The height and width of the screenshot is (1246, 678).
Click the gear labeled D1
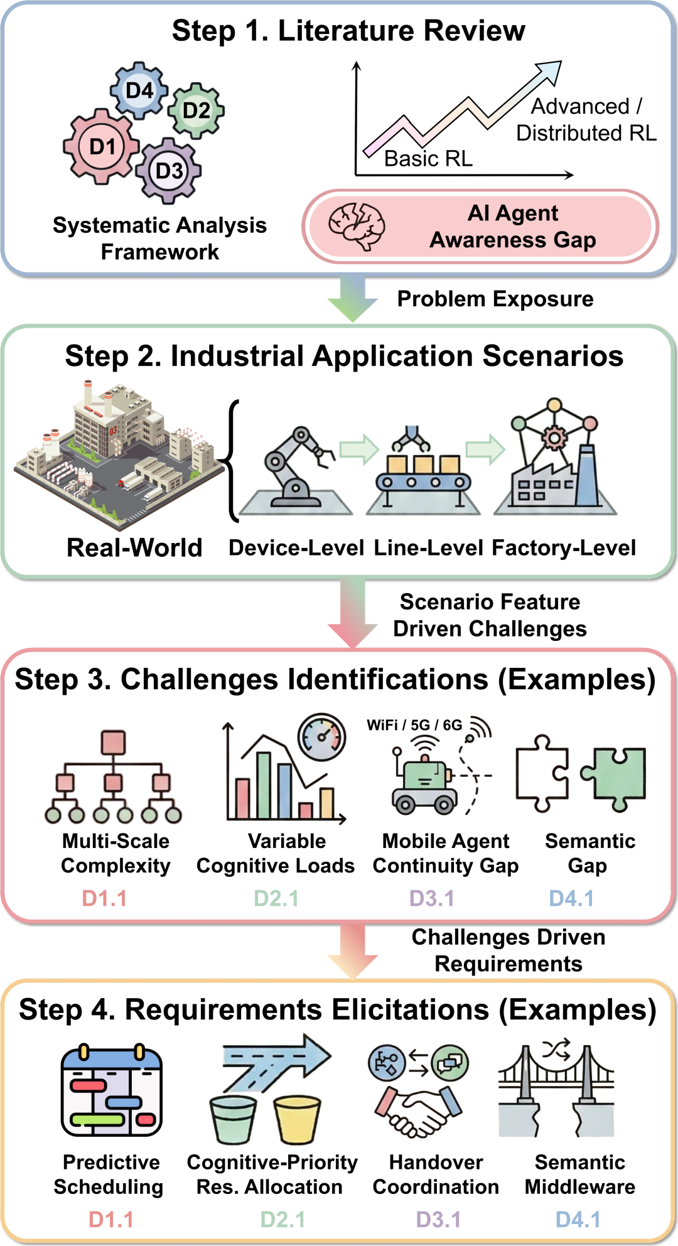pyautogui.click(x=101, y=146)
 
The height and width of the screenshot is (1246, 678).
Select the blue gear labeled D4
pyautogui.click(x=139, y=90)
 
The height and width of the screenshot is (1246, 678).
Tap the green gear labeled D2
pyautogui.click(x=196, y=110)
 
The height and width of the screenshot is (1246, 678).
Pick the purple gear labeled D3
pyautogui.click(x=169, y=171)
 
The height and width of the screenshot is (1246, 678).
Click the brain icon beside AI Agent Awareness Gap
pyautogui.click(x=357, y=226)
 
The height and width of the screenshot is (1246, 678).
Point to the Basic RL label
pyautogui.click(x=429, y=158)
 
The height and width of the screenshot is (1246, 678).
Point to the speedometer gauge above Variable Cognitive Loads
pyautogui.click(x=322, y=737)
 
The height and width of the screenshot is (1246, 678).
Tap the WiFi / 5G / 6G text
pyautogui.click(x=414, y=725)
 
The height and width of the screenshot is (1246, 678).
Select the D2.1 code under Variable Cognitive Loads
pyautogui.click(x=276, y=898)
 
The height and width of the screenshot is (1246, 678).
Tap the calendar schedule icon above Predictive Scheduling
pyautogui.click(x=112, y=1090)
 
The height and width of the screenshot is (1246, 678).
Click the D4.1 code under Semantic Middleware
pyautogui.click(x=578, y=1220)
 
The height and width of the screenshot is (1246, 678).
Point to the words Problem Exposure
pyautogui.click(x=495, y=299)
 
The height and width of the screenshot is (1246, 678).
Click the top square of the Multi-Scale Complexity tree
pyautogui.click(x=113, y=743)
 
